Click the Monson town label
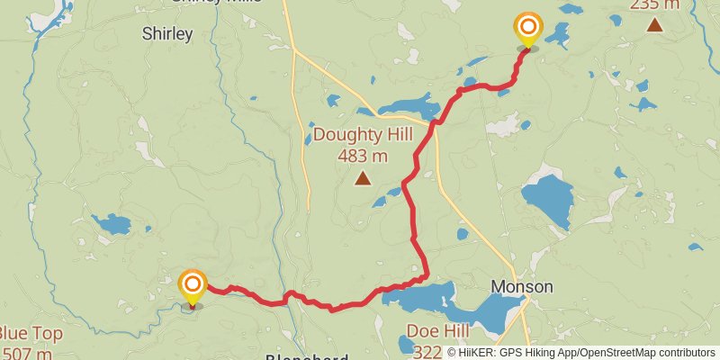(521, 287)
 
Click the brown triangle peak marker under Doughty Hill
(363, 178)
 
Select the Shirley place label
(167, 34)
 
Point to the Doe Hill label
(436, 330)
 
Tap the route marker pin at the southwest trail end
(193, 286)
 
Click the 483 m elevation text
(363, 156)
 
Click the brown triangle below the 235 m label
(654, 25)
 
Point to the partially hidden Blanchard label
(307, 356)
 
